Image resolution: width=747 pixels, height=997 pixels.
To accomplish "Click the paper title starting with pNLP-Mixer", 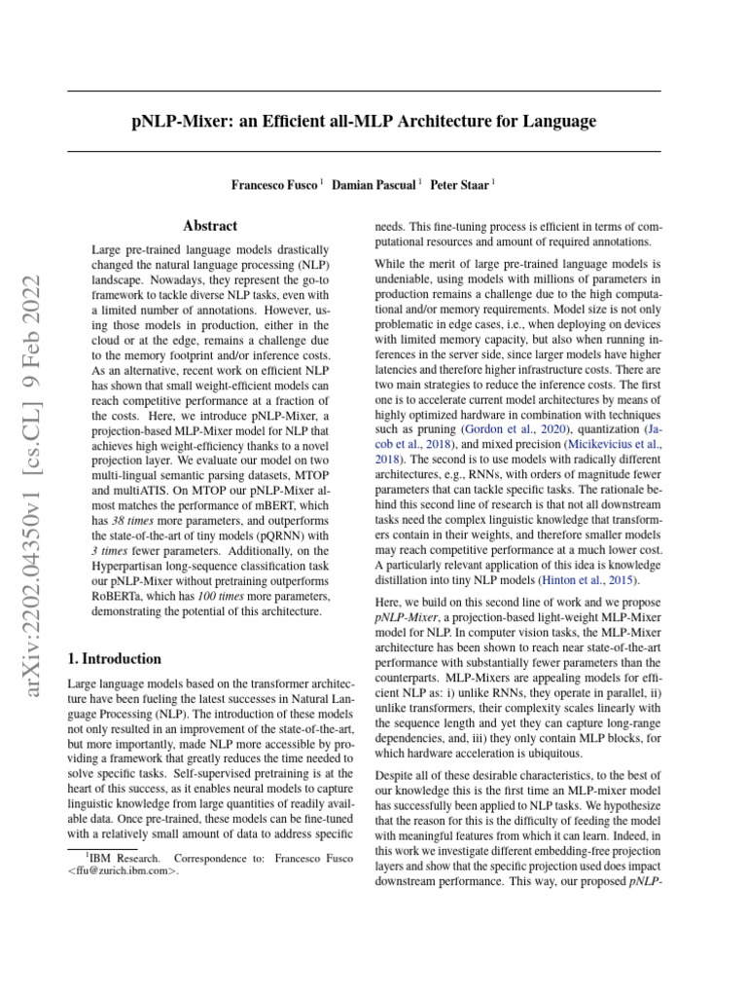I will (363, 122).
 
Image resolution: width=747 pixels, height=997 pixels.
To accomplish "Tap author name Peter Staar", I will (463, 184).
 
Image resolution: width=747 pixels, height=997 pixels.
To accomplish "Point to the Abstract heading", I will (210, 226).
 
